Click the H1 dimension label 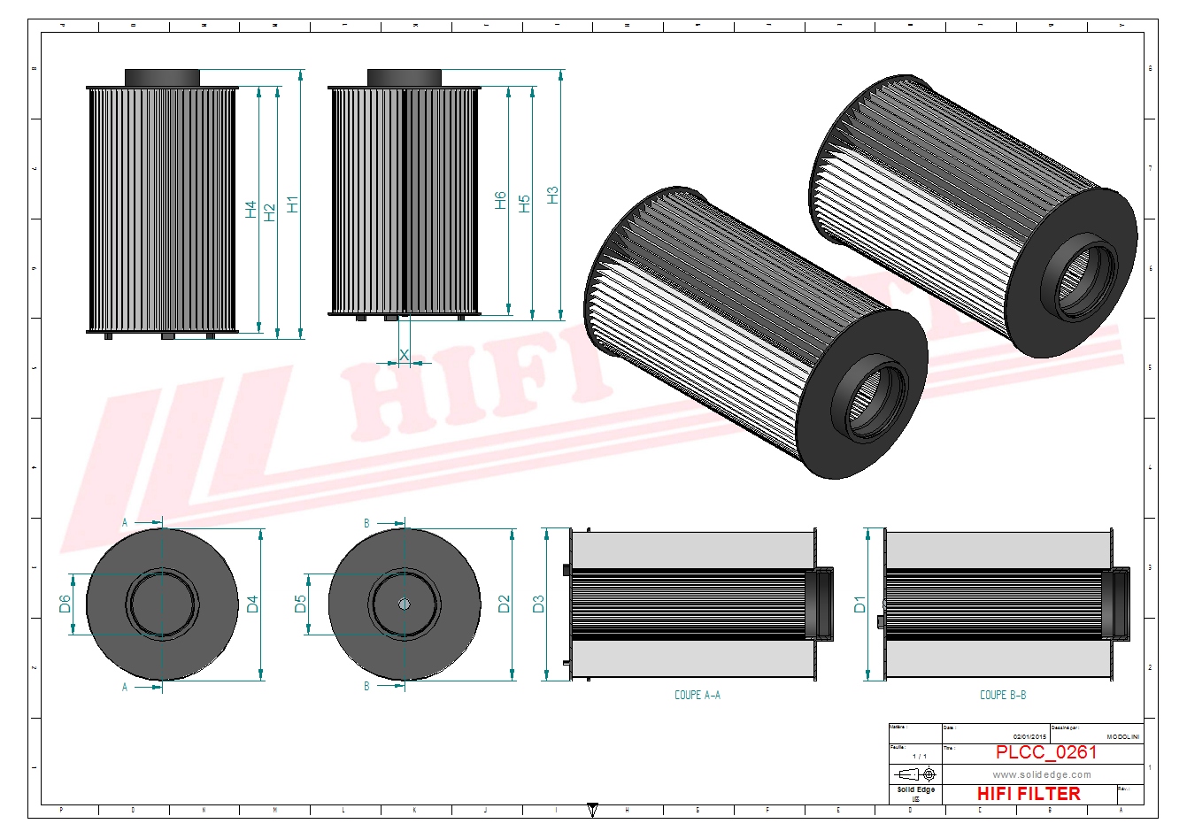point(293,204)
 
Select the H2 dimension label point(270,212)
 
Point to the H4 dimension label point(251,210)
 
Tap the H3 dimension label point(553,196)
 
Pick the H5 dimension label point(524,204)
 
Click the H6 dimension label point(501,200)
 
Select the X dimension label point(405,355)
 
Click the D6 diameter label point(65,604)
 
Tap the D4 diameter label point(253,604)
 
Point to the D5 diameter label point(301,604)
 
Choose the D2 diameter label point(505,604)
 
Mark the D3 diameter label point(538,604)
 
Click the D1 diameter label point(859,604)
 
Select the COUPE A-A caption point(698,696)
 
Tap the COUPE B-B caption point(1003,696)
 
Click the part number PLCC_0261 point(1046,753)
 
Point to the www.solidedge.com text point(1042,775)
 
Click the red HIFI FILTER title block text point(1029,794)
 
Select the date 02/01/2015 point(1029,737)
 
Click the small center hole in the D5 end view point(405,604)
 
